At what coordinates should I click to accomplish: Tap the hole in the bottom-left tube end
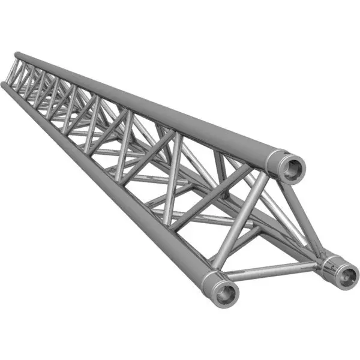227,293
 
